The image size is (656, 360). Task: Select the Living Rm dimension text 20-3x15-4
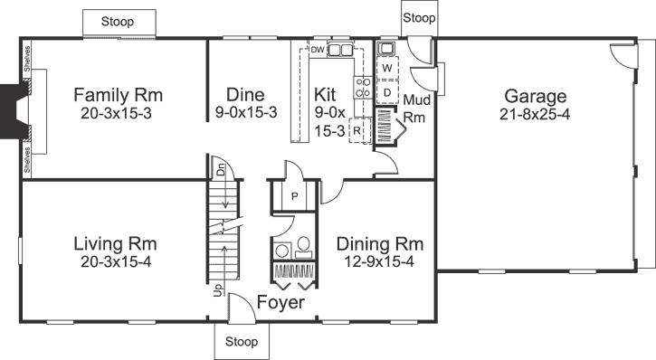pyautogui.click(x=115, y=261)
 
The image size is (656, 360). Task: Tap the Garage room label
pyautogui.click(x=535, y=97)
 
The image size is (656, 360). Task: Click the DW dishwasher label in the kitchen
pyautogui.click(x=317, y=50)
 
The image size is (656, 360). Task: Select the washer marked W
pyautogui.click(x=386, y=69)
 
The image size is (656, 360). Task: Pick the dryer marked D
pyautogui.click(x=386, y=91)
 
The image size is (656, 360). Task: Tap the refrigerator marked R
pyautogui.click(x=358, y=129)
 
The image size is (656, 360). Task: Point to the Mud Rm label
pyautogui.click(x=416, y=108)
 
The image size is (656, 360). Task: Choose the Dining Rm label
pyautogui.click(x=379, y=244)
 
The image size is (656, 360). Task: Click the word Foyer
pyautogui.click(x=280, y=302)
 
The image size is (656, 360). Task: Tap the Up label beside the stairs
pyautogui.click(x=217, y=290)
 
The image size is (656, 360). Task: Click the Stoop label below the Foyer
pyautogui.click(x=241, y=342)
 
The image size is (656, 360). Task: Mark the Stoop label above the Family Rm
pyautogui.click(x=119, y=20)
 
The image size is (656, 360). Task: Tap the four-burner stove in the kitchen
pyautogui.click(x=361, y=87)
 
